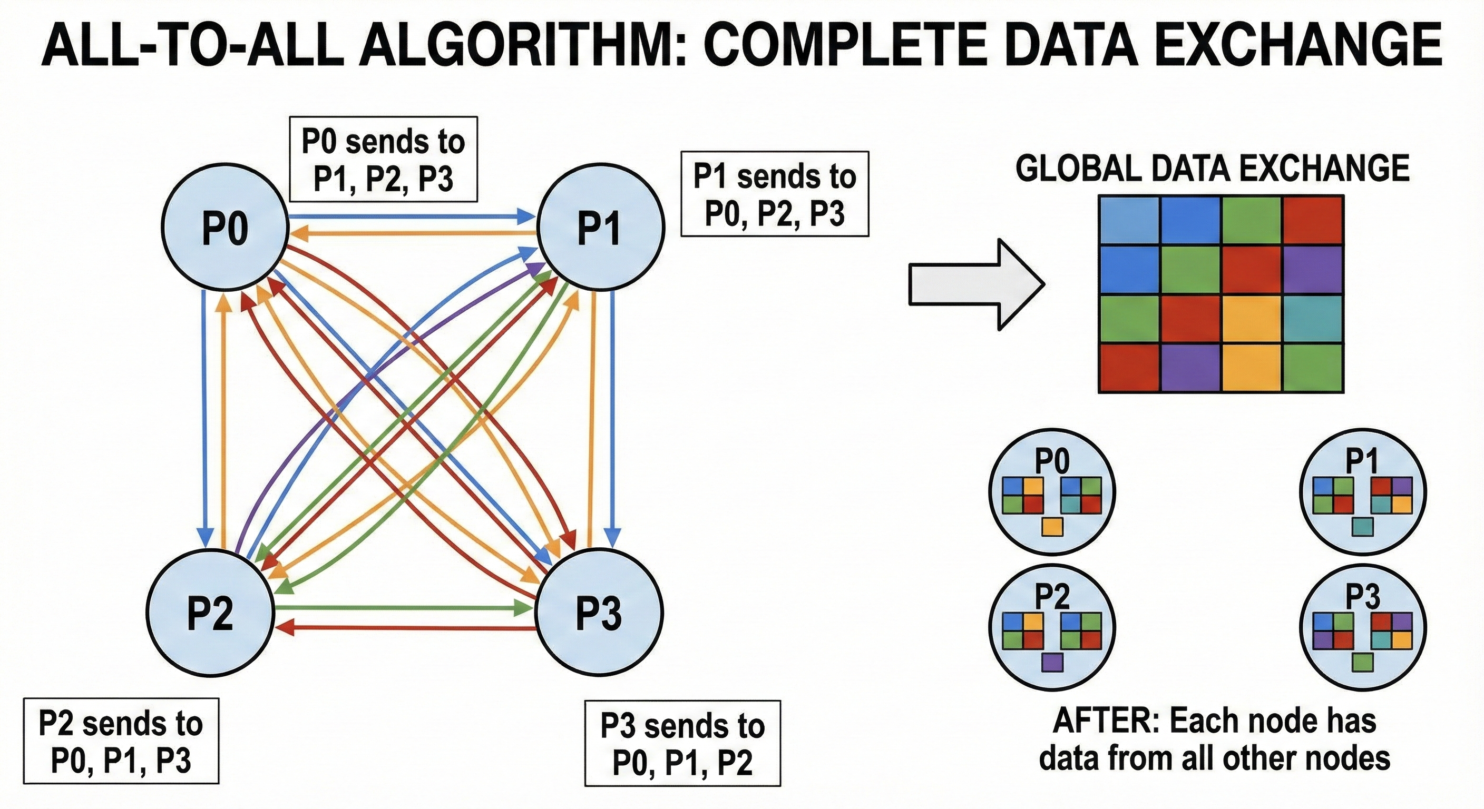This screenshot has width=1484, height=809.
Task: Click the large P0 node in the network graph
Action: (224, 228)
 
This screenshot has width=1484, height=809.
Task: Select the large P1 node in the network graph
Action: (600, 228)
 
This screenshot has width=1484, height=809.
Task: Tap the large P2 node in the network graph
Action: (210, 614)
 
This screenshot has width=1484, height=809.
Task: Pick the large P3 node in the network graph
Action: (599, 614)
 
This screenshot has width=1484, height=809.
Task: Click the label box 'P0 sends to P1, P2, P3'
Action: (383, 160)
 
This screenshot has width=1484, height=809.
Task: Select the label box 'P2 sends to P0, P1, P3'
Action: (121, 741)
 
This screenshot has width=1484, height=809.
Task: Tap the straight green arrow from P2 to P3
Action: (403, 607)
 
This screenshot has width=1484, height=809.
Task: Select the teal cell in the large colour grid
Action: (1313, 319)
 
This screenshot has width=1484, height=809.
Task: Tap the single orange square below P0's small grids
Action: (1052, 527)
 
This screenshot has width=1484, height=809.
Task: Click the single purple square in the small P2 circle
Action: (1052, 662)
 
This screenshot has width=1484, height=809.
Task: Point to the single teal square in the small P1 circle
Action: (1363, 527)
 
